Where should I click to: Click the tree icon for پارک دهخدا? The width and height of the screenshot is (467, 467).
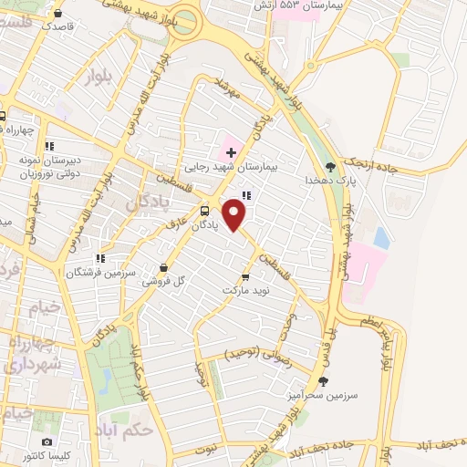[x=329, y=167]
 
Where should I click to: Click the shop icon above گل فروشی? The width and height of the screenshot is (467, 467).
[x=162, y=267]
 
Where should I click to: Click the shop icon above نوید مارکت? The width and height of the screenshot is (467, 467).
[x=244, y=275]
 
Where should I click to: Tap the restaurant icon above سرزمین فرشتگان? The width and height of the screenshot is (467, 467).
[x=100, y=258]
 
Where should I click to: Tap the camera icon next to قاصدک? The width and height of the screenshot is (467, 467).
[x=59, y=14]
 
